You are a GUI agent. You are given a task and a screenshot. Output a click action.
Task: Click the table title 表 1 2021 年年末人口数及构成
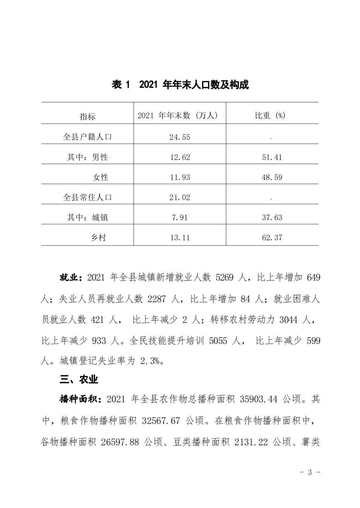180,85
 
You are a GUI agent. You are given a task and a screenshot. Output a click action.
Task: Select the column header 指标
87,117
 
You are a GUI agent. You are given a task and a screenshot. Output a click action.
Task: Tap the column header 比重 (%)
270,115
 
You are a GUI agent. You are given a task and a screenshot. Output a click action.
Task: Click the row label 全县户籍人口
87,137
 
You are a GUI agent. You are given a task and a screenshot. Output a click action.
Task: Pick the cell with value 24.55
180,137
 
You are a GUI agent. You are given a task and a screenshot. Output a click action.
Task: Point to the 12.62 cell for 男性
180,157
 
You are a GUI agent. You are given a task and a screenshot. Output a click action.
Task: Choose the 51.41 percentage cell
272,157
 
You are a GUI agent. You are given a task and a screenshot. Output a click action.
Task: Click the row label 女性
100,177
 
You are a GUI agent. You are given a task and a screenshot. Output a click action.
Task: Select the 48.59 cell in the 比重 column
272,177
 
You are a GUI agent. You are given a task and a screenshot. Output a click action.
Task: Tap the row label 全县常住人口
87,197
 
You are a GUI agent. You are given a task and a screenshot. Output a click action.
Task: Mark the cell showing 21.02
180,197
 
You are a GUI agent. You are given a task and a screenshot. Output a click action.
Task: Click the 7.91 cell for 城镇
180,217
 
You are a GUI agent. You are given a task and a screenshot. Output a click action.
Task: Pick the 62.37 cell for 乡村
272,238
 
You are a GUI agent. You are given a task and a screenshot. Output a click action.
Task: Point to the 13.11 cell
180,238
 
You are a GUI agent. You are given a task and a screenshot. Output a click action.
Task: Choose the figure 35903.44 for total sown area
259,399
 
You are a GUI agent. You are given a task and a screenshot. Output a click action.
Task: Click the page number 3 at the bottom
310,472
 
